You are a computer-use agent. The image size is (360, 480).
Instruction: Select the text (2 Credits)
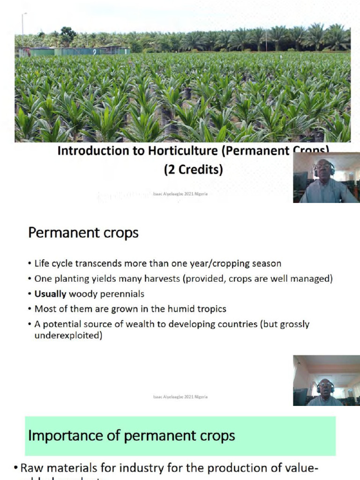(x=193, y=170)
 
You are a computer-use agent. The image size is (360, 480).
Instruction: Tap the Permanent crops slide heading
(x=83, y=233)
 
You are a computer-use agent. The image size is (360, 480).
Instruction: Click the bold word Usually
(x=50, y=294)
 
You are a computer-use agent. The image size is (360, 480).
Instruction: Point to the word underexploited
(x=68, y=336)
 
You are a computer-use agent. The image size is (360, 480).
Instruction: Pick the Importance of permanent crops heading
(x=132, y=436)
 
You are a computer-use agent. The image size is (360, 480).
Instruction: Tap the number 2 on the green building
(x=95, y=52)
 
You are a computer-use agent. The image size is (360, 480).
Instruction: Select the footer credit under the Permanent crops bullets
(x=180, y=397)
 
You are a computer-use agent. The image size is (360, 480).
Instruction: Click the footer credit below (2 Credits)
(x=180, y=194)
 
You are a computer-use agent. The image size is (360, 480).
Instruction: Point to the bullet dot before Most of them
(x=30, y=309)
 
